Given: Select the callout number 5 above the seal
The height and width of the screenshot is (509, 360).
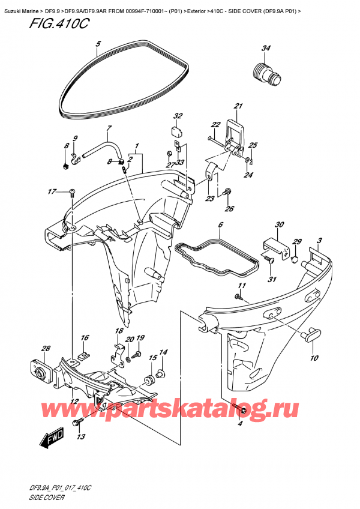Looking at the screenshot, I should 99,43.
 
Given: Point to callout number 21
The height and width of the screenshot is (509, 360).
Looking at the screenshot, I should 238,107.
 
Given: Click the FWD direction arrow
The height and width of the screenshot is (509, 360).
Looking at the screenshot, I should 53,441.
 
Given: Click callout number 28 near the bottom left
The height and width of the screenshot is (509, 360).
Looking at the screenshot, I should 29,348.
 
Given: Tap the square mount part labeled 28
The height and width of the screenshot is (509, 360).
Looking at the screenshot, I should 40,368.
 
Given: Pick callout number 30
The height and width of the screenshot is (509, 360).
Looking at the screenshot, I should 278,225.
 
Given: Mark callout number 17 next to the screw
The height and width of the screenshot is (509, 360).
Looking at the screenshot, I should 53,192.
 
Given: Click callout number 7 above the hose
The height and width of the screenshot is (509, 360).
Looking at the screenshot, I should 109,128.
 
